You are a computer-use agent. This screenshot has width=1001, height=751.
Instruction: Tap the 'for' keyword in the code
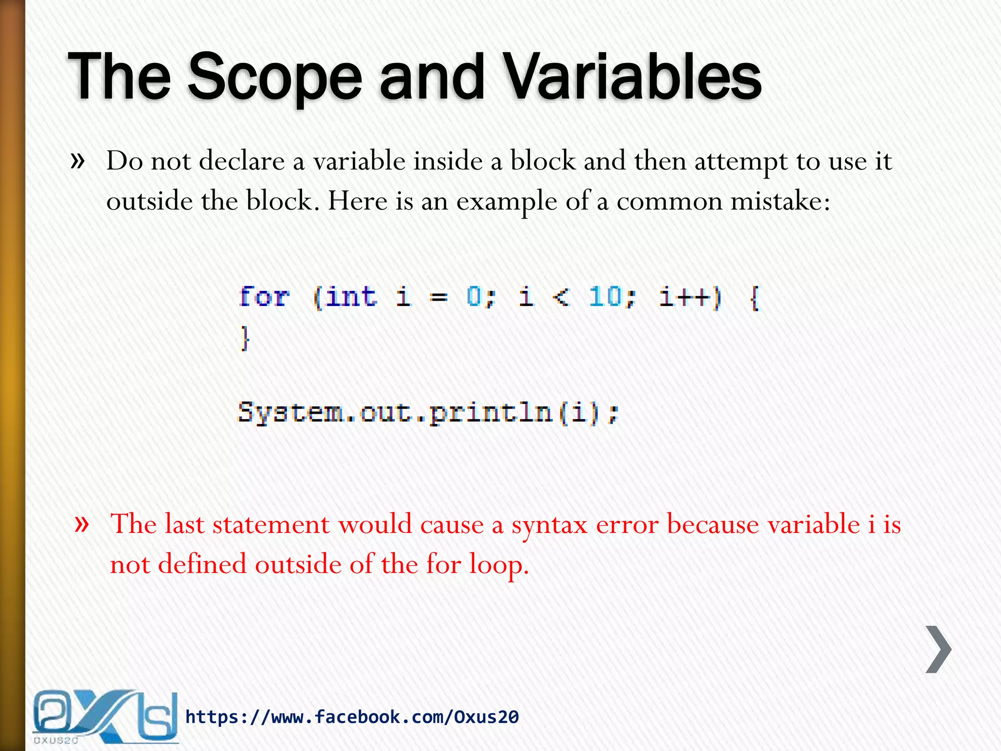(264, 297)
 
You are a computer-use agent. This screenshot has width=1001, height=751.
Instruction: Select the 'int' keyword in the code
(351, 297)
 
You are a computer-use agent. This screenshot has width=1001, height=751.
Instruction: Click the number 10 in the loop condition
(605, 297)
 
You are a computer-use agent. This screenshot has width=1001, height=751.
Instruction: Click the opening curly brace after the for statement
(754, 298)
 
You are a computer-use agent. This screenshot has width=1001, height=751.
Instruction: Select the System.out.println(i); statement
(428, 413)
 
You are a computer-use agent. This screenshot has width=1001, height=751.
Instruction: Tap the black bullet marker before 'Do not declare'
(78, 160)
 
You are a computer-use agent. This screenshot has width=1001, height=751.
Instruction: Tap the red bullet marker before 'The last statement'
(82, 524)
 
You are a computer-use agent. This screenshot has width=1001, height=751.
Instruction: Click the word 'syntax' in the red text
(549, 525)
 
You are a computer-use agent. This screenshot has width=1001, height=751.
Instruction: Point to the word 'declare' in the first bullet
(241, 161)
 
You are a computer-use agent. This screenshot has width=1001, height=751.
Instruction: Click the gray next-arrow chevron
(938, 649)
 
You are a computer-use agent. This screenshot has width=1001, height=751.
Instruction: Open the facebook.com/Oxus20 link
(352, 717)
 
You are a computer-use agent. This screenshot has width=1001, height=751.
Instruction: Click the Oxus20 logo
(104, 717)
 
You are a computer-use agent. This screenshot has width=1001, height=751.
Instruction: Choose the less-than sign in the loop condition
(561, 297)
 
